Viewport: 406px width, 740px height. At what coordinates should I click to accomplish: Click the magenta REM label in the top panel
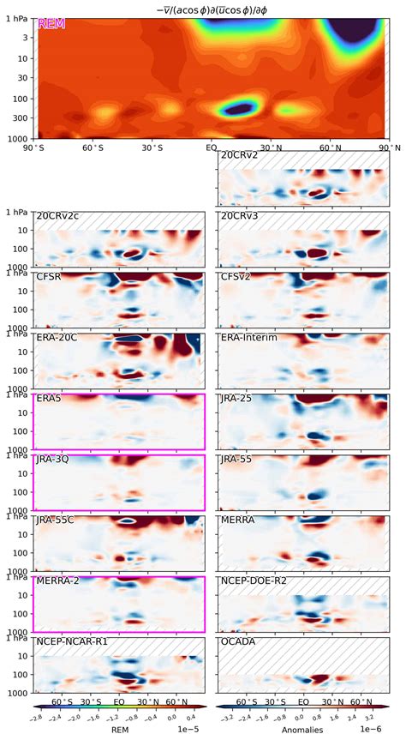coord(51,24)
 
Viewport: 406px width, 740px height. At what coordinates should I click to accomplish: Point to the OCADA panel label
coord(236,641)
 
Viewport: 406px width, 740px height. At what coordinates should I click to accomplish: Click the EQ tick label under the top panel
coord(210,147)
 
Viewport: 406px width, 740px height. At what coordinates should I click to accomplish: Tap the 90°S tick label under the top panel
coord(35,147)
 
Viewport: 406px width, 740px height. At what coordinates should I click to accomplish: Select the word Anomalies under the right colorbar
coord(302,732)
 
